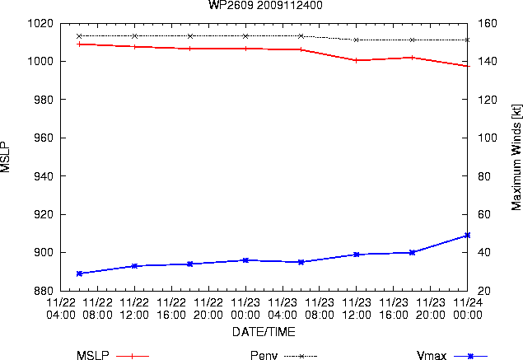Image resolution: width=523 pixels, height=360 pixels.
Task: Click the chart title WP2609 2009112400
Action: pyautogui.click(x=265, y=5)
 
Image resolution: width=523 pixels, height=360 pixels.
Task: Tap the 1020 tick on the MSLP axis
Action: pyautogui.click(x=40, y=23)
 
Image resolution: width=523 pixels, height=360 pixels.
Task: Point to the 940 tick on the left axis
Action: pyautogui.click(x=44, y=175)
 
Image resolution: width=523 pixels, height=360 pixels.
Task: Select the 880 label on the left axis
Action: pyautogui.click(x=44, y=291)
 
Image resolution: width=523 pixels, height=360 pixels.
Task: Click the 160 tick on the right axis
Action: pyautogui.click(x=488, y=23)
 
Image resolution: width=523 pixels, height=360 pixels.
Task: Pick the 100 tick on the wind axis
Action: pyautogui.click(x=488, y=138)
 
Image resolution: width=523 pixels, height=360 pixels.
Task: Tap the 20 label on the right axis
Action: pyautogui.click(x=484, y=291)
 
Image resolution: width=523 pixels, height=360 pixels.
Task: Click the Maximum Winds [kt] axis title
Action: pyautogui.click(x=516, y=157)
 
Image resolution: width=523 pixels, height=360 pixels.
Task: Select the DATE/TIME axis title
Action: pyautogui.click(x=264, y=332)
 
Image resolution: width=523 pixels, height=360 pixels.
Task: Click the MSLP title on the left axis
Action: pyautogui.click(x=5, y=157)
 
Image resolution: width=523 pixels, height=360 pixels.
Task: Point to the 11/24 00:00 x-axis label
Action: pyautogui.click(x=467, y=309)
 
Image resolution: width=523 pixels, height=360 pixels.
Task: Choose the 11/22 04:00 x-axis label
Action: pyautogui.click(x=61, y=309)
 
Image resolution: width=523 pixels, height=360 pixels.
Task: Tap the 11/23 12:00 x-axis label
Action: pyautogui.click(x=357, y=309)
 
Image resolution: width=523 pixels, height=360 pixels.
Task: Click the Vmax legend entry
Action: pyautogui.click(x=452, y=356)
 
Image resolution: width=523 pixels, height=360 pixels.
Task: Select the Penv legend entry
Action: pyautogui.click(x=283, y=356)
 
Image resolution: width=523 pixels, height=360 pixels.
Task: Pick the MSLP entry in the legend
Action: pyautogui.click(x=113, y=356)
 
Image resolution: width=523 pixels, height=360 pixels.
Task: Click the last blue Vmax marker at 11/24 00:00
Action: pyautogui.click(x=467, y=236)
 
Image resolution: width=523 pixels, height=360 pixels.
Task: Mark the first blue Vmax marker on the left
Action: pyautogui.click(x=79, y=274)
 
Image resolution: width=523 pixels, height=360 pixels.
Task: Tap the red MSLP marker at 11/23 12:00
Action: pyautogui.click(x=357, y=60)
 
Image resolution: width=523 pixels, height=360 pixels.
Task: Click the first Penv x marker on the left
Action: pyautogui.click(x=79, y=36)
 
